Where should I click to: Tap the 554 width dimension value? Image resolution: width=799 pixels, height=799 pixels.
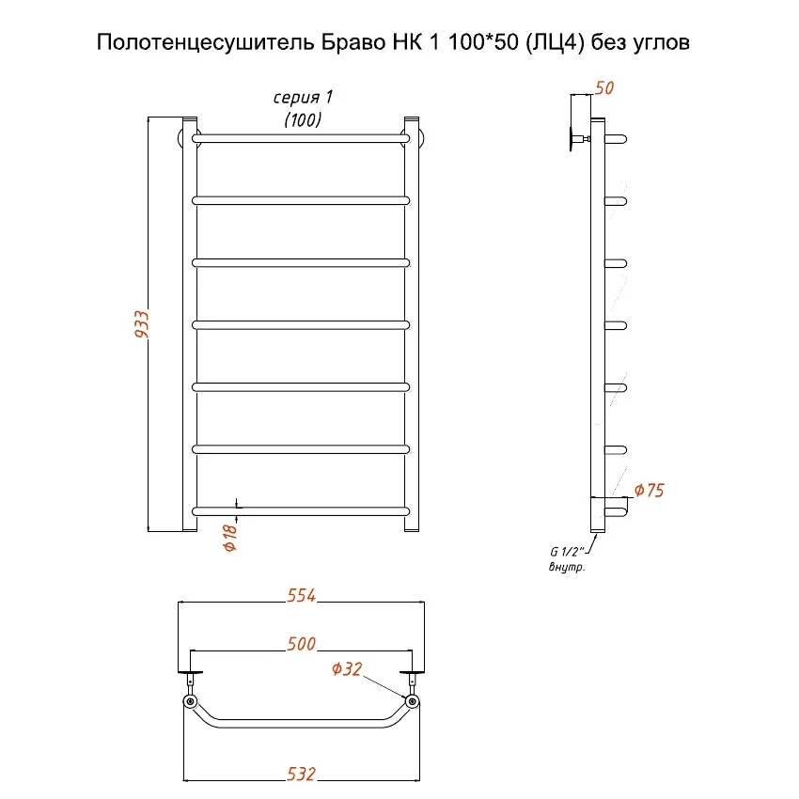pos(301,594)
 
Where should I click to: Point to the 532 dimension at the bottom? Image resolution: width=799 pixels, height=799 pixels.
pos(301,774)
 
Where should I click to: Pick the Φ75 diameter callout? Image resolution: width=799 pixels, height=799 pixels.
pos(650,490)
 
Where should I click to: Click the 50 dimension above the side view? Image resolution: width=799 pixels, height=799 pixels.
pos(604,88)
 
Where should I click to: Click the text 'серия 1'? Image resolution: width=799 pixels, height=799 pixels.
pos(303,99)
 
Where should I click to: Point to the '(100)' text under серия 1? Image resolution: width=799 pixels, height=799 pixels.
pos(303,119)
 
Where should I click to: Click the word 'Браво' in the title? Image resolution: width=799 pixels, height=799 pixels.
pos(321,43)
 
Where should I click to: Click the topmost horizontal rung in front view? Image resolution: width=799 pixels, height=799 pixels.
pos(301,138)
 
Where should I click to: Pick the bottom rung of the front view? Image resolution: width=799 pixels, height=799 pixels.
pos(301,510)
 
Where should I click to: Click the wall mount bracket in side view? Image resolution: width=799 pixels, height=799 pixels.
pos(575,140)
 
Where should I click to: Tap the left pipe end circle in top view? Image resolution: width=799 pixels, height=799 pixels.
pos(191,702)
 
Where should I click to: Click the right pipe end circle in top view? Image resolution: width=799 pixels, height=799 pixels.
pos(412,702)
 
